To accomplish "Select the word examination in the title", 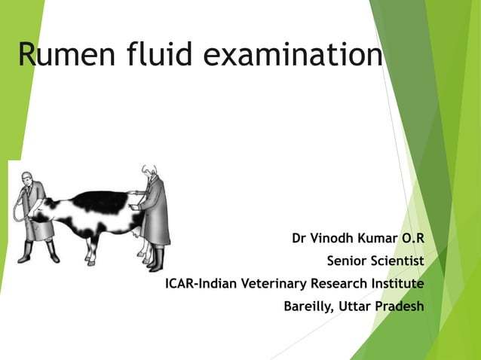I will click(x=295, y=55).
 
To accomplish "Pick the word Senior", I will click(x=347, y=261).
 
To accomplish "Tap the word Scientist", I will click(x=398, y=261).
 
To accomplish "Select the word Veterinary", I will click(x=270, y=284).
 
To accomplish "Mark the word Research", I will click(x=337, y=284).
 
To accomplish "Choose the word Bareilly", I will click(x=308, y=307).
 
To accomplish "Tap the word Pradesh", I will click(x=399, y=307).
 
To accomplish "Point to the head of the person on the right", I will click(x=149, y=172).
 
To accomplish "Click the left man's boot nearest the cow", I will click(x=52, y=253).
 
